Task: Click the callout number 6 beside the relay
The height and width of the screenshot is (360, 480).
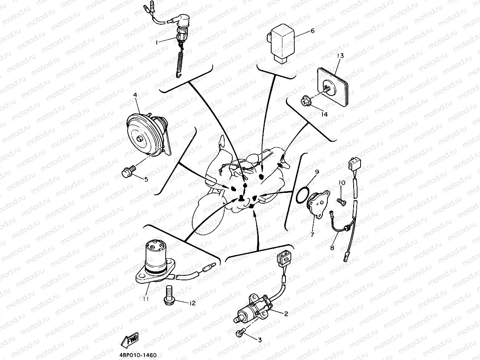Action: click(x=312, y=31)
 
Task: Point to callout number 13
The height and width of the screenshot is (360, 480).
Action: click(x=340, y=56)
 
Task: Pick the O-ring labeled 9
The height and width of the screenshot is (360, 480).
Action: click(x=302, y=194)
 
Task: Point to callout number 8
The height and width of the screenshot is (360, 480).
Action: click(x=332, y=248)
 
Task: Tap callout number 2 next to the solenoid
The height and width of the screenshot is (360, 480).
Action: click(x=286, y=313)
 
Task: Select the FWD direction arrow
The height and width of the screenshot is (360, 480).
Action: click(x=130, y=340)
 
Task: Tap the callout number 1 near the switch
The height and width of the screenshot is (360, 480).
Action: click(x=157, y=43)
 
